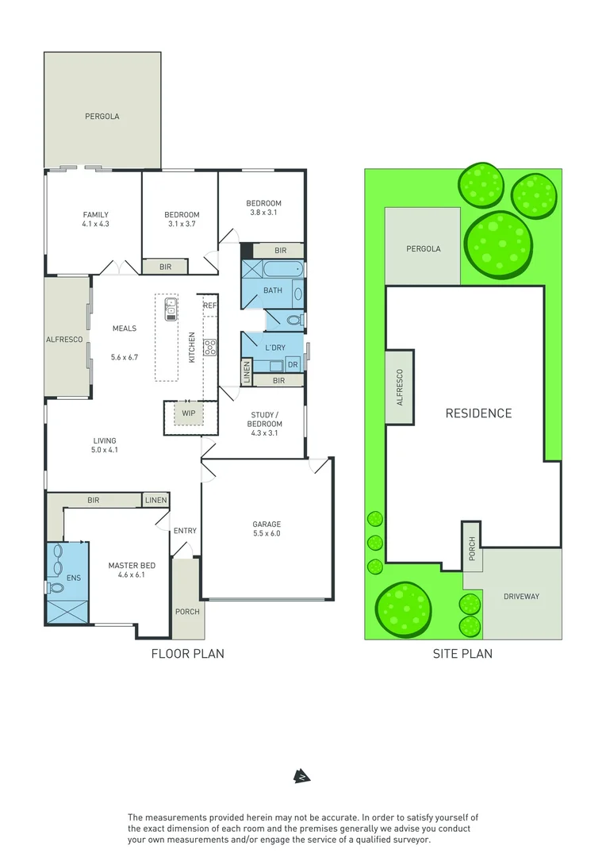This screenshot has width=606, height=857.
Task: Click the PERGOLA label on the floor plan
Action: click(x=102, y=117)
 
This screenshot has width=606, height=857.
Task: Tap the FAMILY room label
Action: click(x=96, y=214)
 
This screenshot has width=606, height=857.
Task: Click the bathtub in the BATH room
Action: click(x=274, y=271)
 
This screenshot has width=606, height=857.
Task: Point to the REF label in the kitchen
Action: click(x=209, y=306)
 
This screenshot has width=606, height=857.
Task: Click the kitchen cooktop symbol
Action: click(x=210, y=347)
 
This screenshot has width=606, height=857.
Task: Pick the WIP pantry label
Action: click(x=188, y=413)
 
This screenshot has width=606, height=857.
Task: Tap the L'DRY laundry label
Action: click(x=275, y=348)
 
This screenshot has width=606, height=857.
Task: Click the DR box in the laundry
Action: click(x=293, y=365)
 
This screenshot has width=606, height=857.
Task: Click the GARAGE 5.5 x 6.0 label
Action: click(x=266, y=528)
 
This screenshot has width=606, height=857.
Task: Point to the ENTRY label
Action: click(x=185, y=531)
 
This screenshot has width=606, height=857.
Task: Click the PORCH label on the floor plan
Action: click(x=188, y=612)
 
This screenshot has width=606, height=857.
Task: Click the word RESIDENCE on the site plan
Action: click(x=478, y=413)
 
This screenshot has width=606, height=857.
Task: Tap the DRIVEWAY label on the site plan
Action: click(x=521, y=596)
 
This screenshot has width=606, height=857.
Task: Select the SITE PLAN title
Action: click(x=462, y=654)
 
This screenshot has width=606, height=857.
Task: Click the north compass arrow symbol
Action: click(x=301, y=775)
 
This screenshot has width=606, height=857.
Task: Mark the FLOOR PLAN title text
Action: click(x=188, y=654)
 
